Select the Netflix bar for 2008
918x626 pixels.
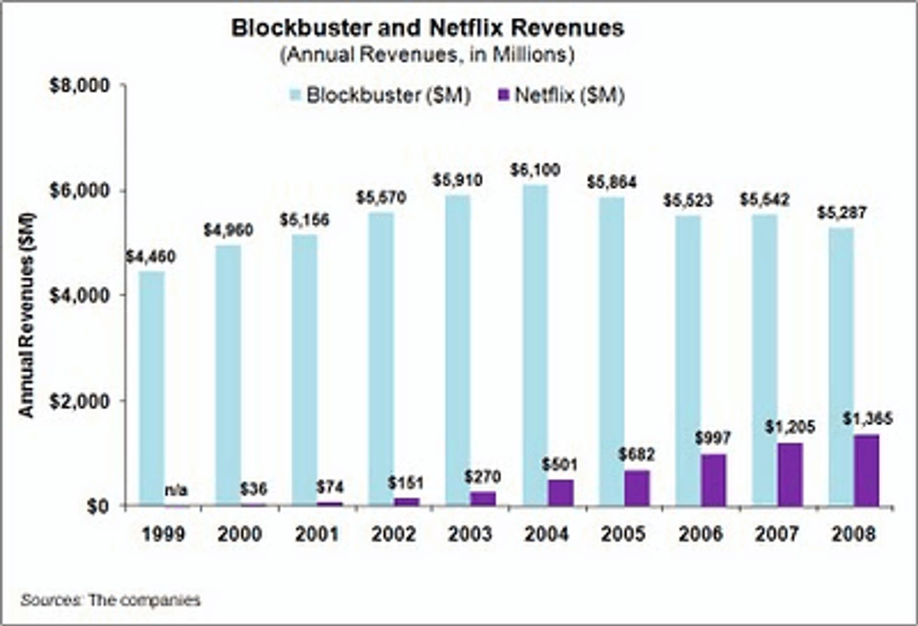(867, 470)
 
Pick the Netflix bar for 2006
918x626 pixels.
(713, 480)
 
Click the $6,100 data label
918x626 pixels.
(535, 170)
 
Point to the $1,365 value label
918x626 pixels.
(867, 419)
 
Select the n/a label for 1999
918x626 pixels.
(176, 490)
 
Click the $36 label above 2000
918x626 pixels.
(253, 489)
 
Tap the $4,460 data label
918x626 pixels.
(151, 257)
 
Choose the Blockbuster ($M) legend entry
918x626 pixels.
(381, 95)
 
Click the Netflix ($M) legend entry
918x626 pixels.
(562, 95)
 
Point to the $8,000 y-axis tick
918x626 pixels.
(79, 86)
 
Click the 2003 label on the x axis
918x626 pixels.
(470, 534)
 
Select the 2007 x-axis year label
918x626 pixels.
(776, 534)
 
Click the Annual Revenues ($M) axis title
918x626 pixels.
(27, 315)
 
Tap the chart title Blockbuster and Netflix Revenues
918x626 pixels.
(427, 28)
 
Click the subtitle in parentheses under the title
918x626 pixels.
(427, 55)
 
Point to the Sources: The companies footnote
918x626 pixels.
(110, 600)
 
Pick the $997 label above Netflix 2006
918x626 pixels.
(713, 438)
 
